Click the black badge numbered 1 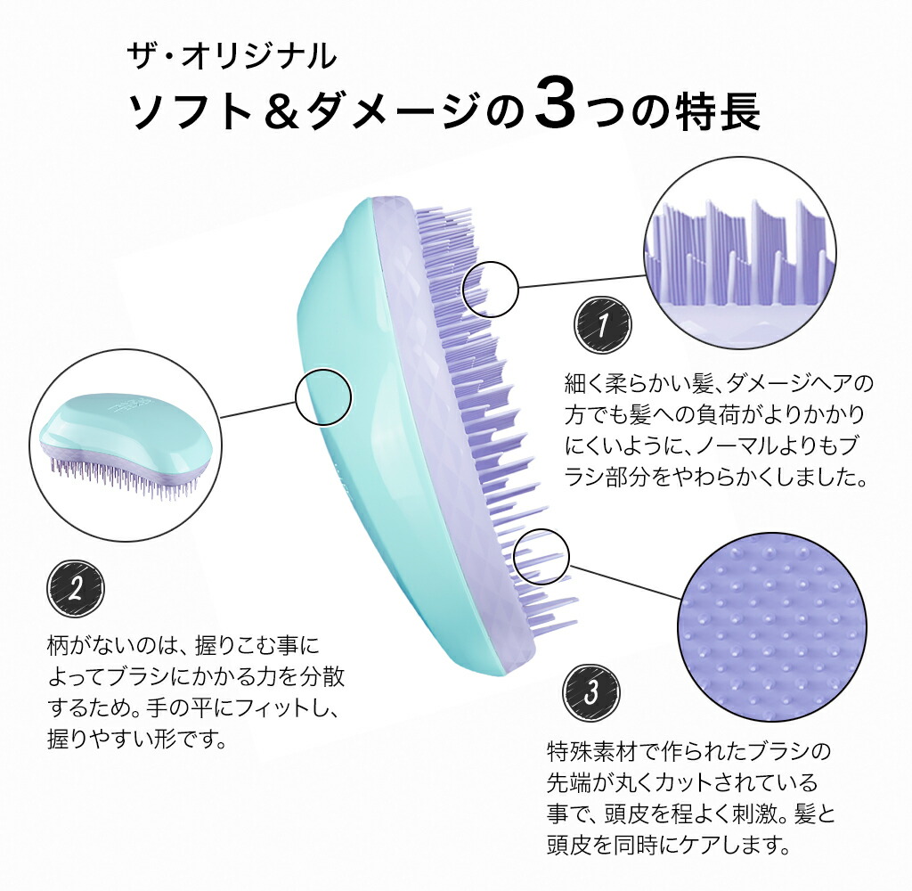click(602, 323)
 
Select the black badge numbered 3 click(591, 692)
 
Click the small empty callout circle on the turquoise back click(323, 397)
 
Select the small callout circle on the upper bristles click(491, 290)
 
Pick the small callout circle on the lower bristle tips click(541, 556)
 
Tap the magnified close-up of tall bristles click(740, 252)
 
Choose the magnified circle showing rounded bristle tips click(772, 626)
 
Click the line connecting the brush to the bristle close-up click(582, 281)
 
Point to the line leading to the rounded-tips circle click(624, 582)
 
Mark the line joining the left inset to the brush click(257, 409)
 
